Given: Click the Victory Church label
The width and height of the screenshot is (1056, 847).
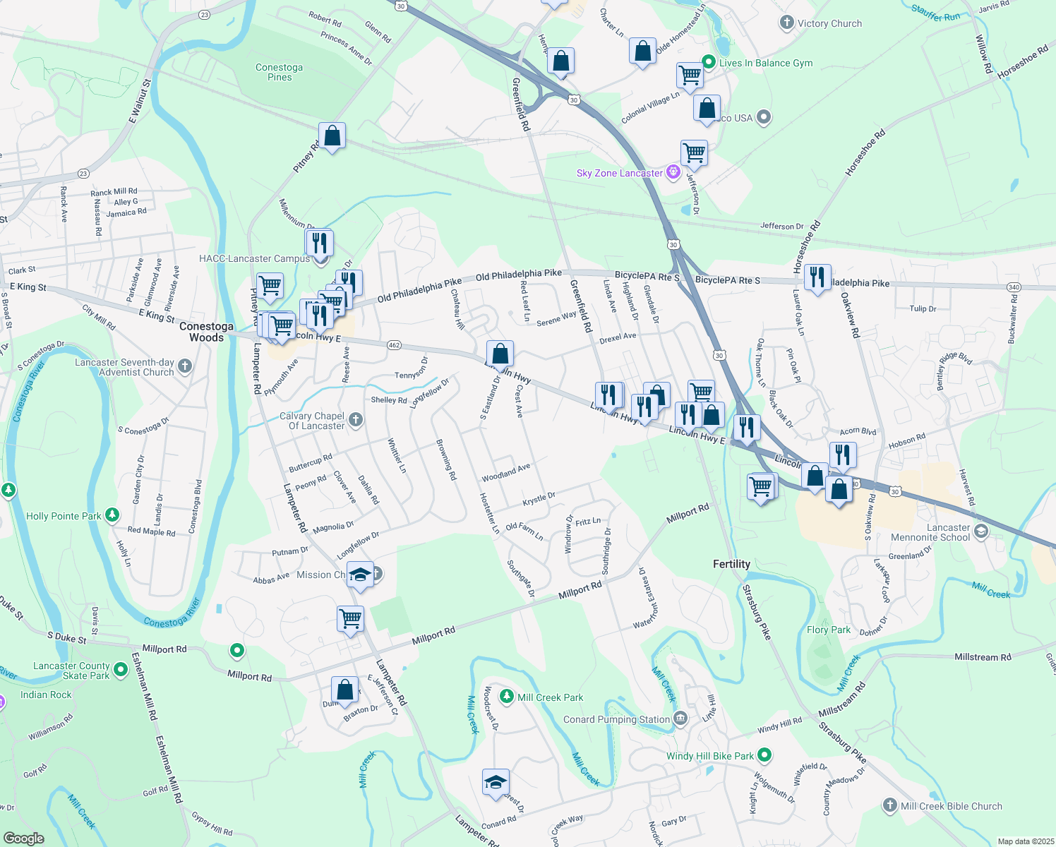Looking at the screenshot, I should click(x=829, y=23).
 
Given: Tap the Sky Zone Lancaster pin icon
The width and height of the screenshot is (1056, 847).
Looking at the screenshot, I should click(x=673, y=172).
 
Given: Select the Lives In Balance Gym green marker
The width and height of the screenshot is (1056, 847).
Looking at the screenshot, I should click(x=708, y=62).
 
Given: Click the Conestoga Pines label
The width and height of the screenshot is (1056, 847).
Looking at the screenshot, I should click(x=280, y=72).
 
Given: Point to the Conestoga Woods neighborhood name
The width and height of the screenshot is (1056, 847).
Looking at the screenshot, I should click(x=206, y=332).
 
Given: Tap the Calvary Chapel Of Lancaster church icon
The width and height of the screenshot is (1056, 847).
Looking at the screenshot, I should click(x=356, y=421).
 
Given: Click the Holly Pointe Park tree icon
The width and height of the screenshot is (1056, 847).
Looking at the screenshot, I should click(x=112, y=515).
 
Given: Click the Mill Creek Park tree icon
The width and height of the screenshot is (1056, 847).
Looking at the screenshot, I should click(x=506, y=697).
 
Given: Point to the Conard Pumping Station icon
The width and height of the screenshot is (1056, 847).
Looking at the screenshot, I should click(x=680, y=719).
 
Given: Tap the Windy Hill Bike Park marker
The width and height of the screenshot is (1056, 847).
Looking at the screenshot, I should click(x=764, y=755).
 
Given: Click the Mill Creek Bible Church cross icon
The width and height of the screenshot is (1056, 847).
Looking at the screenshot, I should click(x=889, y=805).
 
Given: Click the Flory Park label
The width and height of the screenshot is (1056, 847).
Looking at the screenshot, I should click(x=829, y=630).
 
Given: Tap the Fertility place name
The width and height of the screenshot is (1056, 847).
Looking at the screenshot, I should click(x=731, y=564).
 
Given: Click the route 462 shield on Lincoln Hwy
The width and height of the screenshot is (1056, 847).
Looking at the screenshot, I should click(x=394, y=345).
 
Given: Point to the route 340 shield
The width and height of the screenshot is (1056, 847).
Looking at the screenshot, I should click(x=1014, y=287).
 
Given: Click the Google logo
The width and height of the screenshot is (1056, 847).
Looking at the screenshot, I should click(x=23, y=839).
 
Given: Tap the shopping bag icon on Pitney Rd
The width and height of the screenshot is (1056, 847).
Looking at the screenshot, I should click(x=332, y=136).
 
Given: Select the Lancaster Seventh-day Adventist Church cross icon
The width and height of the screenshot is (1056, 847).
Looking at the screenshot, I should click(x=185, y=366).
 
